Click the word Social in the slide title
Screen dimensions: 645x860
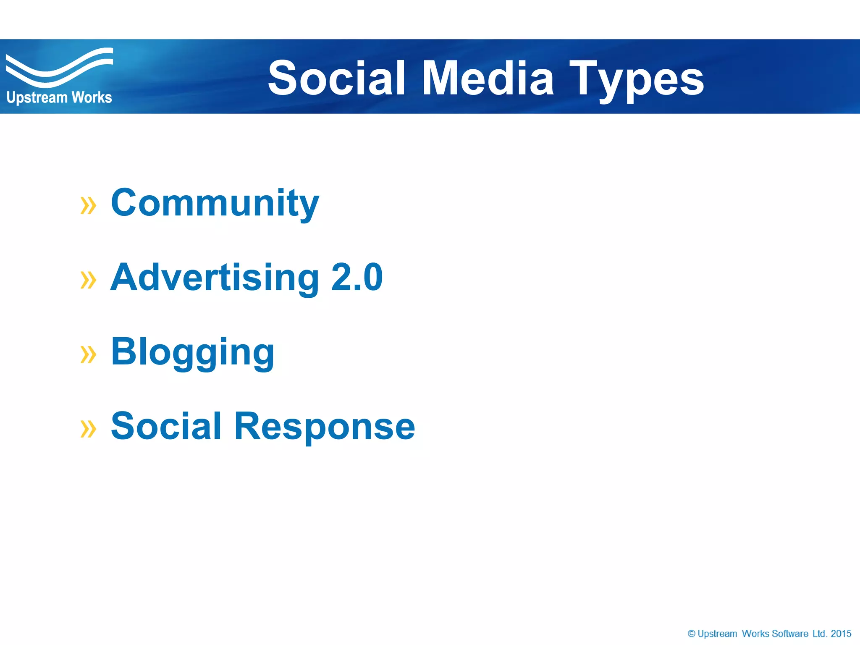[336, 78]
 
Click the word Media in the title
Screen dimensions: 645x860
[488, 78]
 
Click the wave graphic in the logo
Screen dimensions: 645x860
[59, 67]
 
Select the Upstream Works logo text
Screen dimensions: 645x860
[59, 97]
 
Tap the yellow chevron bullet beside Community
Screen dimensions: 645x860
[88, 205]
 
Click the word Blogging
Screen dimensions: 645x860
[192, 353]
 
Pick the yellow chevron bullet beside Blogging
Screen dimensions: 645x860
[88, 354]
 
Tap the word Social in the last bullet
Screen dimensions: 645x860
[166, 426]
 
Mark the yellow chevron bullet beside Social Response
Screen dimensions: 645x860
[88, 429]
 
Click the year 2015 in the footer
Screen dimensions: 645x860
[841, 634]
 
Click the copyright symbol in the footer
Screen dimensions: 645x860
[691, 634]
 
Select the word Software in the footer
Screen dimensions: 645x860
[790, 634]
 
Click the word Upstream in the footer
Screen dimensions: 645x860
[717, 634]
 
